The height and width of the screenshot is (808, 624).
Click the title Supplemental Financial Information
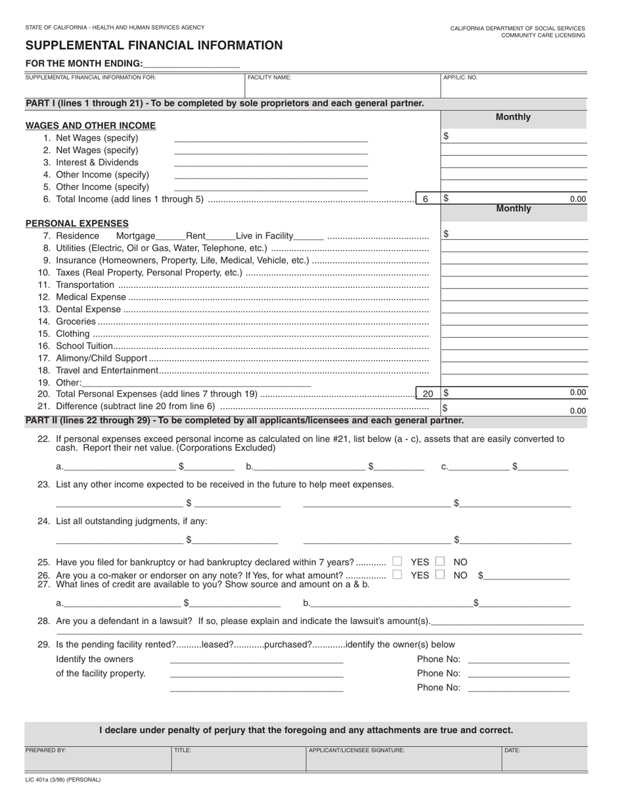154,45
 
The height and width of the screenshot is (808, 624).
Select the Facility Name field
342,86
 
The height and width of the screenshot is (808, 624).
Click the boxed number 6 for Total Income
426,199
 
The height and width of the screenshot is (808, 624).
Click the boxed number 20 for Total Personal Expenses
428,393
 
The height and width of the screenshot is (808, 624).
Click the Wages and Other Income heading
91,125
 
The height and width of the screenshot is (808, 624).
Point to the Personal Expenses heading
77,223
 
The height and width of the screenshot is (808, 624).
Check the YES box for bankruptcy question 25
397,562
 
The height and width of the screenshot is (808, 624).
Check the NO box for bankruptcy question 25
440,562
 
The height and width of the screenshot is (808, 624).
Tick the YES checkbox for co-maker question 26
397,575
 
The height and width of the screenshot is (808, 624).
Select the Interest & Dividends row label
97,162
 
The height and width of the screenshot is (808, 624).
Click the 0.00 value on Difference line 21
577,411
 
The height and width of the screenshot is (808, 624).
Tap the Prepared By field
97,759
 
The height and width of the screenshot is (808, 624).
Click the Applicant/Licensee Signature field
403,759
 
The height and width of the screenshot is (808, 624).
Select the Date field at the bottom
544,759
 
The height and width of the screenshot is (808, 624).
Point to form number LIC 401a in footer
63,780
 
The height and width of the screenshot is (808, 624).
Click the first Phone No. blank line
519,660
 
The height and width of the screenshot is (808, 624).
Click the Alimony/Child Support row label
101,358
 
